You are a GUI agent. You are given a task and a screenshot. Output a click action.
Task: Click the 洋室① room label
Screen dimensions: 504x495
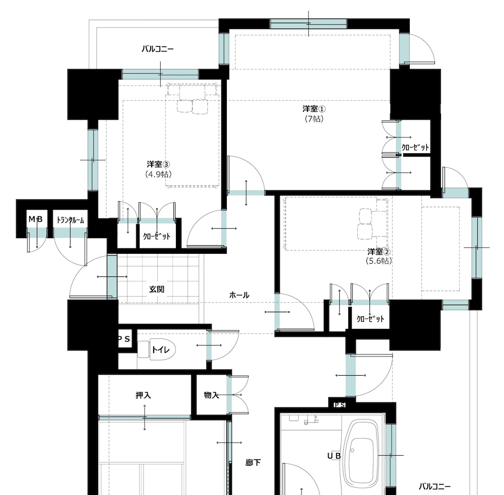tap(313, 109)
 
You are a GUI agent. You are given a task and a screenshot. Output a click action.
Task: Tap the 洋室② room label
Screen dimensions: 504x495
tap(379, 251)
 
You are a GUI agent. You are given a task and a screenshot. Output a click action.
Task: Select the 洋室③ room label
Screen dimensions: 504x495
tap(158, 164)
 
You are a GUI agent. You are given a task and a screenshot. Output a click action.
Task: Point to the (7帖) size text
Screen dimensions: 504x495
tap(314, 118)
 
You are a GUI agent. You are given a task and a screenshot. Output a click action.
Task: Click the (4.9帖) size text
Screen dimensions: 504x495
tap(158, 174)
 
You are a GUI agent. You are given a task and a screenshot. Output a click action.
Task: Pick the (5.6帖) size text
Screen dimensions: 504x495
tap(379, 260)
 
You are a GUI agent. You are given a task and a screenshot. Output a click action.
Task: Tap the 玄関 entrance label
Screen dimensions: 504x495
tap(157, 289)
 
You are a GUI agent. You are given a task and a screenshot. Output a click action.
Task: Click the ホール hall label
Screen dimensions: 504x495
tap(239, 295)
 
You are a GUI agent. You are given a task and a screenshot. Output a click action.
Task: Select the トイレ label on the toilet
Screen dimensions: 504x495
tap(160, 349)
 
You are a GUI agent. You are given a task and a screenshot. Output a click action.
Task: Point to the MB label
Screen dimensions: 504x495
tap(35, 219)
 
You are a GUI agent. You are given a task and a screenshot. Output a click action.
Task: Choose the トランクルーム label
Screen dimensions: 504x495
tap(70, 220)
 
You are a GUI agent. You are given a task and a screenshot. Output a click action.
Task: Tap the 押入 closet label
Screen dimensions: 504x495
tap(143, 395)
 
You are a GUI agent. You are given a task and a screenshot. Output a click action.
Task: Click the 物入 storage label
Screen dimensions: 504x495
tap(212, 395)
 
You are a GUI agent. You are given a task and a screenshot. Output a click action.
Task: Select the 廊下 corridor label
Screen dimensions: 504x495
tap(253, 463)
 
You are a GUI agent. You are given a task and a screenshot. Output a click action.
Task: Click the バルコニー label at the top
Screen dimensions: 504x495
tap(157, 49)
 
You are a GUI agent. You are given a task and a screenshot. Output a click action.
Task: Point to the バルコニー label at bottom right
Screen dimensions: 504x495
tap(434, 486)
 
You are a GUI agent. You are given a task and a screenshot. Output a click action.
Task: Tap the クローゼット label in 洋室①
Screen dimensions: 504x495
tap(415, 148)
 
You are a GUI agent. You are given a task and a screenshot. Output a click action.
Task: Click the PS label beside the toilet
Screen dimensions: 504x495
tap(124, 339)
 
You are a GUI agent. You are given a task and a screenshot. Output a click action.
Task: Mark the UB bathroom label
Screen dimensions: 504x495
tap(334, 456)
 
